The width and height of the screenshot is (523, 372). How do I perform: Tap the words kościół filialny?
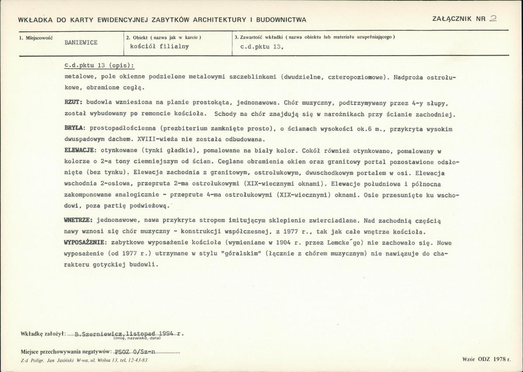(156, 46)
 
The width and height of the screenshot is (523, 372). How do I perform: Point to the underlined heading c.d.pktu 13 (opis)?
(99, 66)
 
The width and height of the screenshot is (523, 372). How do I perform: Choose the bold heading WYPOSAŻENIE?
(84, 242)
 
